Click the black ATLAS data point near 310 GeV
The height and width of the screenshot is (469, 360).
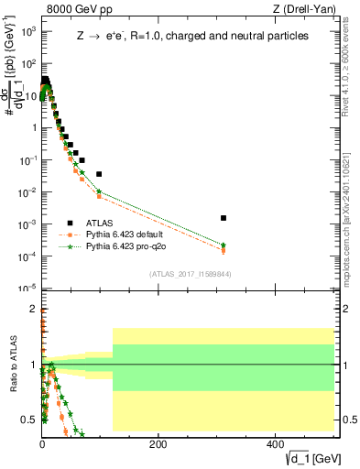[x=224, y=218]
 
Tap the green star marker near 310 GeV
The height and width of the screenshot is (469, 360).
[x=224, y=245]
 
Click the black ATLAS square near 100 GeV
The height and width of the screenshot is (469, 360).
[x=99, y=174]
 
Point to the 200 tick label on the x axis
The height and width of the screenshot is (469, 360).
[x=158, y=443]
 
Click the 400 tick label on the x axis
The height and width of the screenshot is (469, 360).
[x=275, y=443]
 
